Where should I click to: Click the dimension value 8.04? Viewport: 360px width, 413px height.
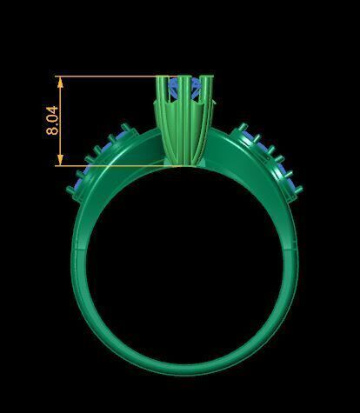(52, 120)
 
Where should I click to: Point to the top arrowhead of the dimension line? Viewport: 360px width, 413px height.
(60, 80)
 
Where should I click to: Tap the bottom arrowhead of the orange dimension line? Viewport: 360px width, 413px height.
(60, 161)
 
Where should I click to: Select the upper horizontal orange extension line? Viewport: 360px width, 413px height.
(109, 77)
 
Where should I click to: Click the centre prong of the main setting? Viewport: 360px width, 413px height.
(184, 96)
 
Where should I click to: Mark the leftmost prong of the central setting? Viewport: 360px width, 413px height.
(161, 96)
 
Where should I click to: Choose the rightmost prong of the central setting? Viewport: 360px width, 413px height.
(210, 96)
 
